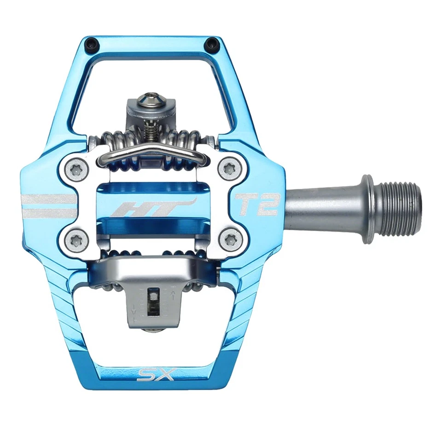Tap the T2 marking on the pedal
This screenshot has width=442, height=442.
coord(257,204)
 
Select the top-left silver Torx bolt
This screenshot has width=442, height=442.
coord(75,169)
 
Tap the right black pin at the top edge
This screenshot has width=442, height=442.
coord(211,45)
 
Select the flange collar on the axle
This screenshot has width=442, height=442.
coord(368,208)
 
